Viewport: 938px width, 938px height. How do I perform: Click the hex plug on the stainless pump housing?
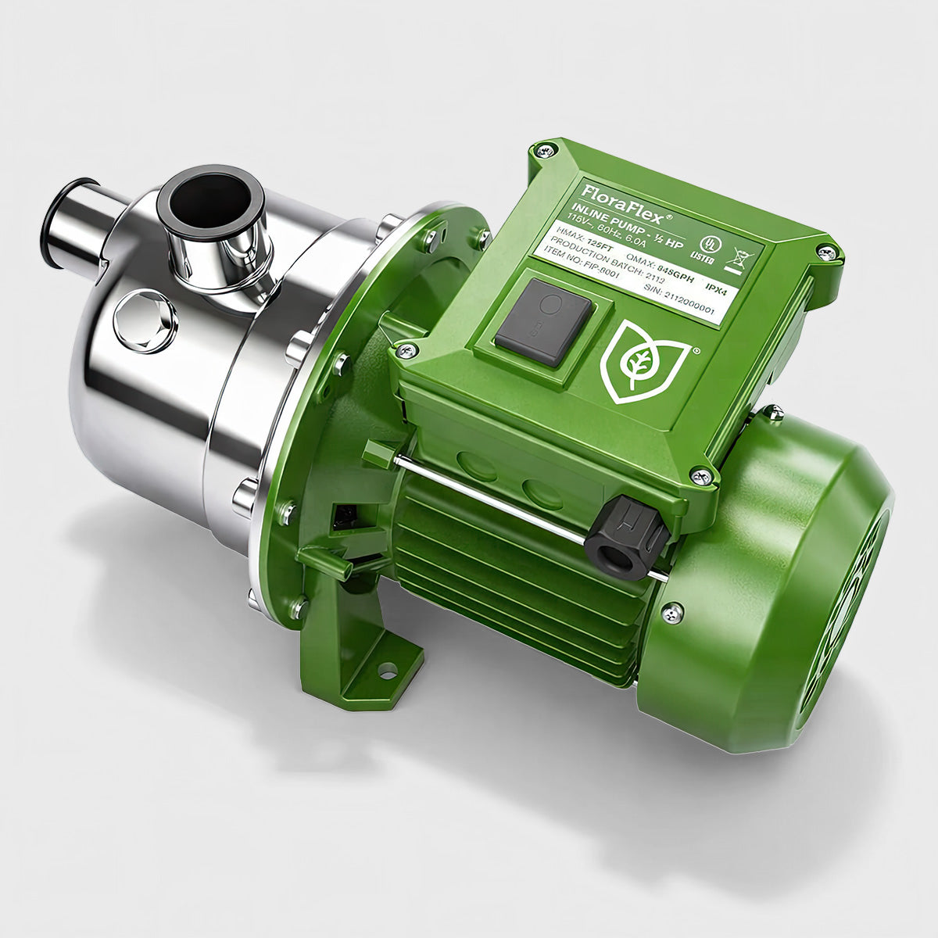pos(145,320)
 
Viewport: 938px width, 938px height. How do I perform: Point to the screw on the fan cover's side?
pos(671,614)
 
